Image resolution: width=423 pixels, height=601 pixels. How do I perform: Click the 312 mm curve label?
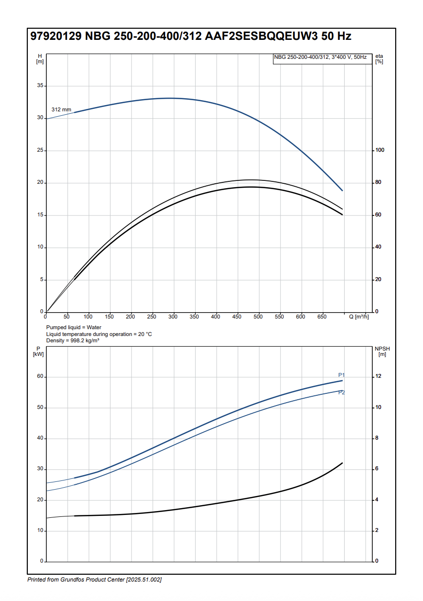pyautogui.click(x=61, y=109)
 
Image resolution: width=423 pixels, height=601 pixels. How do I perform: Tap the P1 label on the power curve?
pyautogui.click(x=342, y=375)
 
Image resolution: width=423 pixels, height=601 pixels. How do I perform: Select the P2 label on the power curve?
pyautogui.click(x=342, y=392)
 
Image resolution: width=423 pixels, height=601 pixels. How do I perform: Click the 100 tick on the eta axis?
pyautogui.click(x=380, y=150)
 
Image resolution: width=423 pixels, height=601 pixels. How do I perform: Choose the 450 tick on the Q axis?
pyautogui.click(x=237, y=317)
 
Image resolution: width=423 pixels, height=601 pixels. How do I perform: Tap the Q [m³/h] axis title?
pyautogui.click(x=359, y=317)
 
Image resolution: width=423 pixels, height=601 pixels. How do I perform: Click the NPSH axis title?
pyautogui.click(x=382, y=352)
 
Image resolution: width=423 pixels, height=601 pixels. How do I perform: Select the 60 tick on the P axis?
pyautogui.click(x=40, y=377)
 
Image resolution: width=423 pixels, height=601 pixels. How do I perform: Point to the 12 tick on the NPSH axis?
pyautogui.click(x=378, y=377)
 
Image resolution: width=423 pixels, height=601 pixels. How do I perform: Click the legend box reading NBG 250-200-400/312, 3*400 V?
pyautogui.click(x=320, y=57)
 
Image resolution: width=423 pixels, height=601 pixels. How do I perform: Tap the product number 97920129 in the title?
pyautogui.click(x=56, y=36)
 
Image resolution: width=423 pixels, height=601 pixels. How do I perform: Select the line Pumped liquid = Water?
pyautogui.click(x=74, y=328)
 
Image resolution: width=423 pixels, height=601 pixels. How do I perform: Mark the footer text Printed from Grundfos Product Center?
pyautogui.click(x=94, y=580)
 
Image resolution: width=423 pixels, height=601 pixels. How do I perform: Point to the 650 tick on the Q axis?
pyautogui.click(x=322, y=317)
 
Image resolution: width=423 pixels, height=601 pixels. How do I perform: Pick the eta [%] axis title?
pyautogui.click(x=379, y=59)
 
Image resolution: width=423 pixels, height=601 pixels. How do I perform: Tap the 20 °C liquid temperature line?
pyautogui.click(x=99, y=334)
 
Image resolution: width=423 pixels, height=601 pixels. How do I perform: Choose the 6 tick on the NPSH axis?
pyautogui.click(x=377, y=469)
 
